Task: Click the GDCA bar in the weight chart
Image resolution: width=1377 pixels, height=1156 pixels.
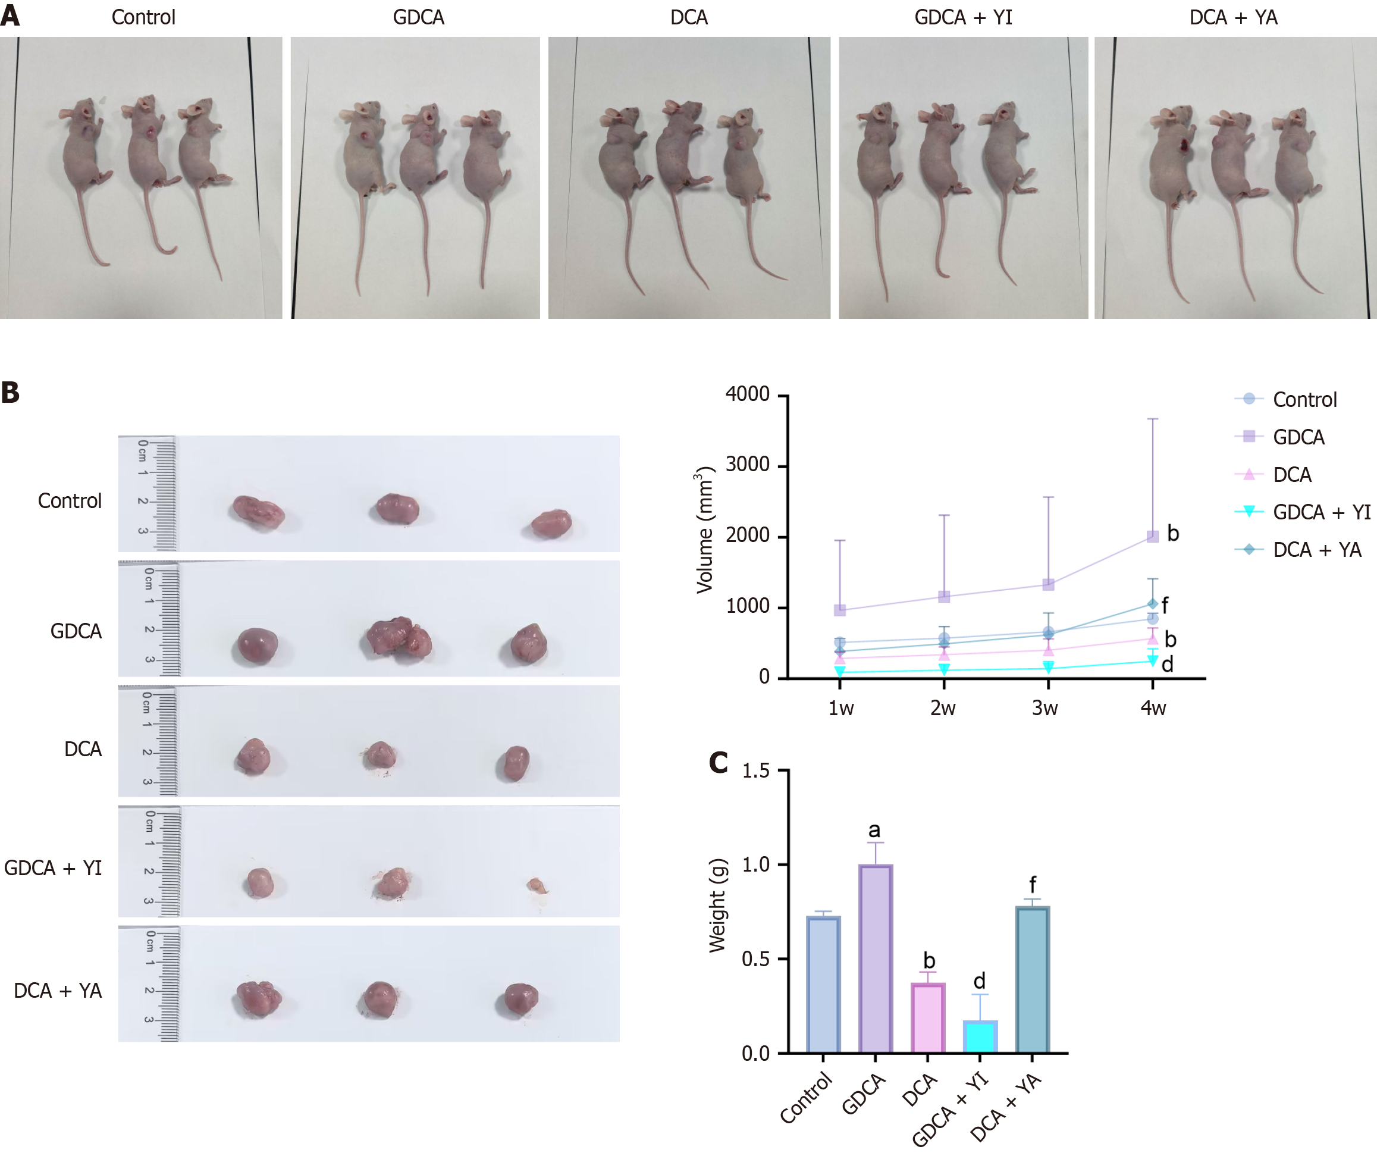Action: pos(876,958)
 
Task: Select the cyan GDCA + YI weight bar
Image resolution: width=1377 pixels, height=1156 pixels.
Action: pos(980,1036)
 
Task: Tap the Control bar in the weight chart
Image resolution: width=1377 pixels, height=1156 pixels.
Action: pos(823,983)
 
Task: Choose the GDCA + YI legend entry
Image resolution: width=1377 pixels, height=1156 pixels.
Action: pos(1320,512)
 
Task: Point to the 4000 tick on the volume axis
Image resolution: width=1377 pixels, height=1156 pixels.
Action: pos(748,394)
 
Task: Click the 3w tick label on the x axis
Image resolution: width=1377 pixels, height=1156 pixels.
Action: pos(1045,708)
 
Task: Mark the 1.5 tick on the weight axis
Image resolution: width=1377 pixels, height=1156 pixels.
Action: pos(755,771)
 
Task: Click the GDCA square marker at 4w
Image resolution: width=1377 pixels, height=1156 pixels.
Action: pos(1153,537)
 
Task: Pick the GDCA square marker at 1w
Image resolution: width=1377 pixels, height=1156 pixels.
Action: pos(840,610)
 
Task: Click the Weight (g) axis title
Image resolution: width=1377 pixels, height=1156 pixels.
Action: pos(718,905)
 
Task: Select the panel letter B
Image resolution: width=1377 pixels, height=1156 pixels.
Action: pos(11,393)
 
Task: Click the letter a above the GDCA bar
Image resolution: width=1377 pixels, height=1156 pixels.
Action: pos(874,831)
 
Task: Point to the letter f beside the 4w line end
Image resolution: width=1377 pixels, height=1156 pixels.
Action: pos(1165,605)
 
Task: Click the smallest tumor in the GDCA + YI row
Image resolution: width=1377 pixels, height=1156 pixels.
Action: pos(537,886)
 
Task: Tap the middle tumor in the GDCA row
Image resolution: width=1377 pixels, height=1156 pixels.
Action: pos(397,637)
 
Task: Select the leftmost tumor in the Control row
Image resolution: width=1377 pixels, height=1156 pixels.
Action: pos(258,512)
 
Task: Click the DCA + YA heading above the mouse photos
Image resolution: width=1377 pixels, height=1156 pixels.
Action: pos(1234,18)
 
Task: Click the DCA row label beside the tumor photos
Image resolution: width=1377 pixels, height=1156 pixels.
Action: pos(83,749)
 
